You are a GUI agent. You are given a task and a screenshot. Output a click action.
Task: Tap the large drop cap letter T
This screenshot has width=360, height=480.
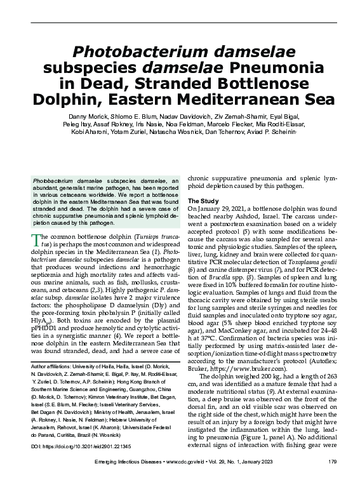[x=36, y=241]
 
